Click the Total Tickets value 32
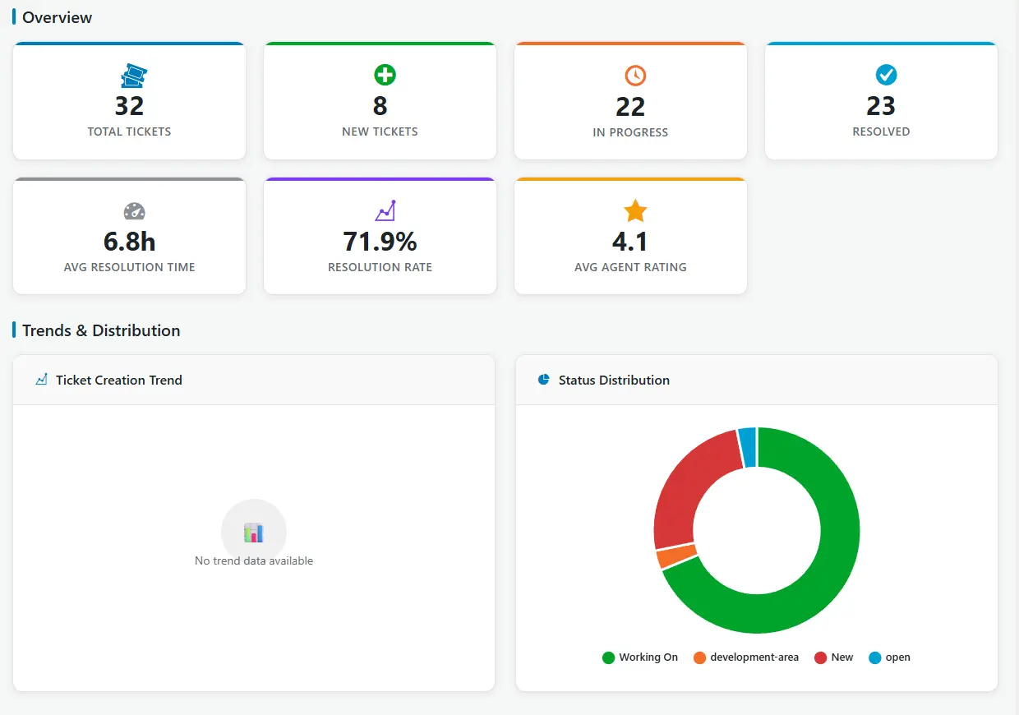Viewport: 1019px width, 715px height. [129, 106]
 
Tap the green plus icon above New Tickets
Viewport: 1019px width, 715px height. [385, 76]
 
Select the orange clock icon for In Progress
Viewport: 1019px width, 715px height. [635, 76]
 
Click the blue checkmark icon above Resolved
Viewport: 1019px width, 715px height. [886, 76]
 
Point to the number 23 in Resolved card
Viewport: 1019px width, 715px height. [881, 106]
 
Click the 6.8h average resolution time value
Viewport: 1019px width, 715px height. [129, 242]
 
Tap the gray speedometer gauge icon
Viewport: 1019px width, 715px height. [134, 211]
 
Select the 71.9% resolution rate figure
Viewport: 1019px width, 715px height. [380, 242]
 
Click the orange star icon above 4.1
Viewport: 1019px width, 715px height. [635, 211]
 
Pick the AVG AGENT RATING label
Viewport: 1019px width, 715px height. [630, 267]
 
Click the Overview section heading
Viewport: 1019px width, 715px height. [57, 17]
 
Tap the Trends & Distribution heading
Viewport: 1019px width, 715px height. [101, 330]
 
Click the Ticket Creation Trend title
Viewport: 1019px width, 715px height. [118, 380]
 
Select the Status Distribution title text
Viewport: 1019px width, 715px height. [614, 380]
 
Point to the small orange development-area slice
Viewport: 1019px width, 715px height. [676, 556]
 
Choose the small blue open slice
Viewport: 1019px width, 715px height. [747, 446]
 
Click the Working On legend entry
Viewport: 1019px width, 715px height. [640, 657]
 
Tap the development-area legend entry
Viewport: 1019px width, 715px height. [746, 657]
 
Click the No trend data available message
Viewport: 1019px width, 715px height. [254, 560]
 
